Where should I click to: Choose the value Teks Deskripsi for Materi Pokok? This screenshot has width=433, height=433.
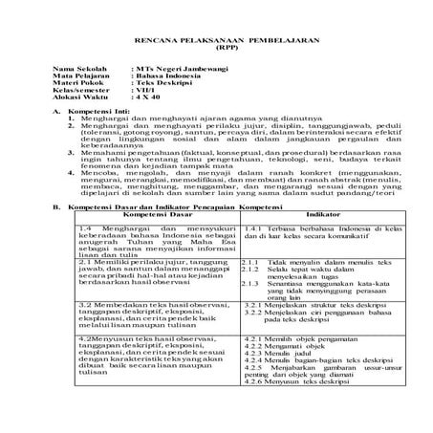[x=160, y=87]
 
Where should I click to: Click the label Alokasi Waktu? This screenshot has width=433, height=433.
[x=79, y=102]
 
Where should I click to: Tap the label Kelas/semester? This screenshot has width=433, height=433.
[x=81, y=95]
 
